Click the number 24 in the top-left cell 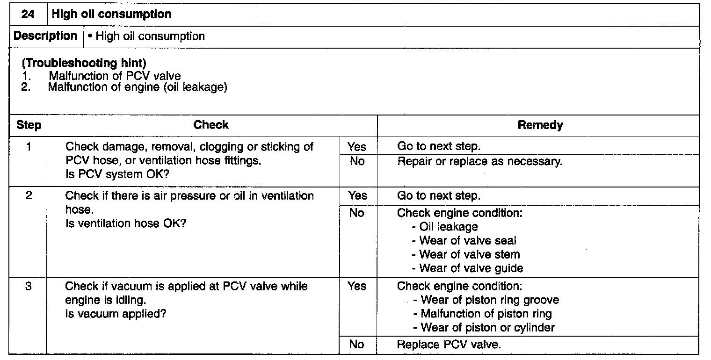click(x=28, y=14)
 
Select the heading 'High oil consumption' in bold click(x=112, y=14)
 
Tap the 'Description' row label click(x=45, y=36)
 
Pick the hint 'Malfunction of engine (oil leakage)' click(x=138, y=87)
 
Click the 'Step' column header click(x=29, y=125)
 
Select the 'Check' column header click(x=211, y=125)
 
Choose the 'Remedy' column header click(x=540, y=125)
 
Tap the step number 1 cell click(x=29, y=147)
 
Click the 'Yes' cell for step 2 click(x=357, y=196)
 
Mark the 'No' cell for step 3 click(x=356, y=345)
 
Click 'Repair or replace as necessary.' click(x=480, y=162)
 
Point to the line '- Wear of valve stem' click(x=466, y=255)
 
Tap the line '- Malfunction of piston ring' click(x=483, y=314)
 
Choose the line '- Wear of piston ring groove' click(x=486, y=300)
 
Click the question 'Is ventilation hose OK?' click(x=126, y=223)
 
